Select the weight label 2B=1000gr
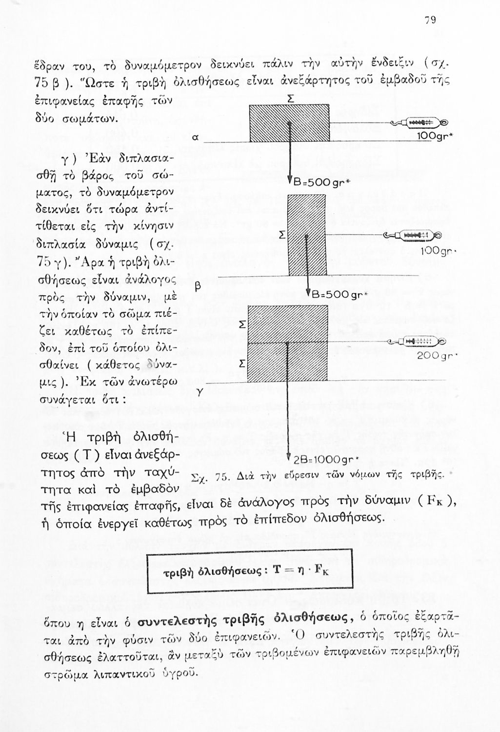[320, 460]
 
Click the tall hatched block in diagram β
[307, 235]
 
